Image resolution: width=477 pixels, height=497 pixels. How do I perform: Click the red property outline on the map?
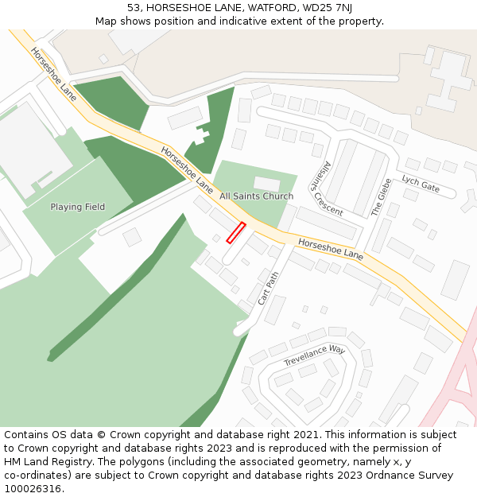[235, 233]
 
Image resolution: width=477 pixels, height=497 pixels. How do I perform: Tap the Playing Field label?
[78, 207]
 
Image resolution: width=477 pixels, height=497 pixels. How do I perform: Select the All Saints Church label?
[256, 196]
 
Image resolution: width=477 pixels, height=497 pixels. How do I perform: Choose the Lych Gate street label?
[421, 184]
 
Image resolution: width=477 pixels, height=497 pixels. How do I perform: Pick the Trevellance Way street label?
[315, 355]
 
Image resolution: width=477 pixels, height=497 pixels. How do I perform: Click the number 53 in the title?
[134, 8]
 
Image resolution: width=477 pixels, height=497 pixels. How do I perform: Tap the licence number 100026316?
[33, 489]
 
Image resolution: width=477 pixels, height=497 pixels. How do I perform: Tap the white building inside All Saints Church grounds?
[267, 184]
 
